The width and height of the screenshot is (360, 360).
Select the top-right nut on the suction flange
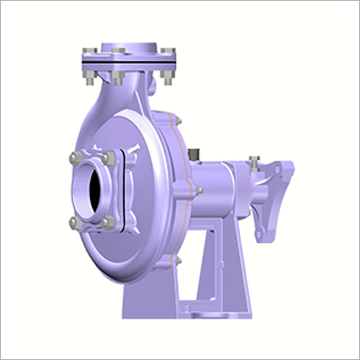point(109,156)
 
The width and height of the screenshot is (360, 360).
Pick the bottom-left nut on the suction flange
point(74,222)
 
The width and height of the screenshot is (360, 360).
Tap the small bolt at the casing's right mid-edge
point(198,190)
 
